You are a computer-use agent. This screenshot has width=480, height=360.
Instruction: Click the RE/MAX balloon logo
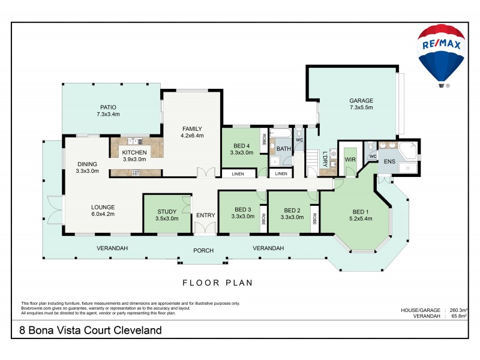(x=443, y=53)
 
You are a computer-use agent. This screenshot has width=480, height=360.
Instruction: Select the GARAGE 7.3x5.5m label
(x=361, y=104)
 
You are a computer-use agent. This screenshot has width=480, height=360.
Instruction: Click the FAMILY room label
(x=193, y=132)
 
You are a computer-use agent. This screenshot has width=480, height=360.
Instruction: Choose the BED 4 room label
(x=241, y=149)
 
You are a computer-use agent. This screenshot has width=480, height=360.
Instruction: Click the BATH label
(x=283, y=148)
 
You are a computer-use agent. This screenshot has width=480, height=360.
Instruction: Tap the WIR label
(x=350, y=160)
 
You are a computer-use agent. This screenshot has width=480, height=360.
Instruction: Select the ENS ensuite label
(x=389, y=161)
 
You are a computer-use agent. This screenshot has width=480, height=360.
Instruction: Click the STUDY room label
(x=167, y=215)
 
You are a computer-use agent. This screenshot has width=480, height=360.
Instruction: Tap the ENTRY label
(x=205, y=215)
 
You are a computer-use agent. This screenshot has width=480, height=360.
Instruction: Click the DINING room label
(x=87, y=167)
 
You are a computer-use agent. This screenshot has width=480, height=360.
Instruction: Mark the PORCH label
(x=203, y=251)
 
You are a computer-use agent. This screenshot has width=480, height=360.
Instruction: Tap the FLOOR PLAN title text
(x=217, y=282)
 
